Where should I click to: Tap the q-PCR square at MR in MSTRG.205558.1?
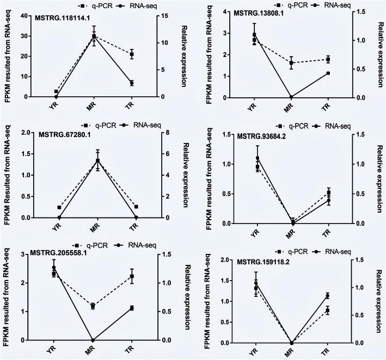click(x=93, y=306)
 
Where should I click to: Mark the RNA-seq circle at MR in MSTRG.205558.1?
click(x=93, y=340)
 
